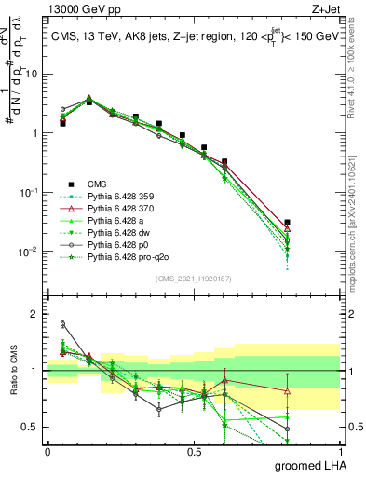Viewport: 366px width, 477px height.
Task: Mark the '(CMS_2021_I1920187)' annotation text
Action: click(x=194, y=279)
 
